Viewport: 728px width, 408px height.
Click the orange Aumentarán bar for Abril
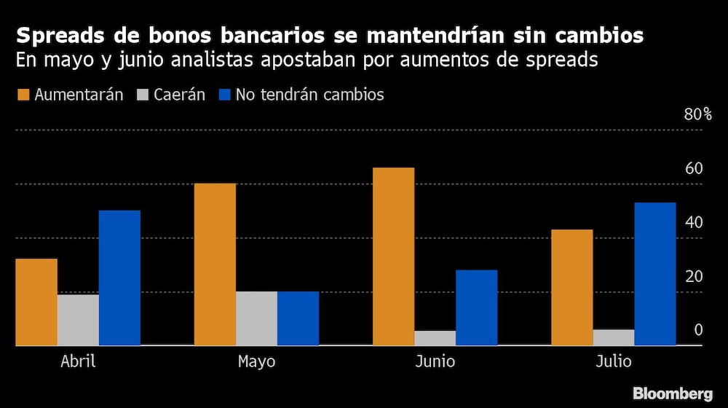point(36,302)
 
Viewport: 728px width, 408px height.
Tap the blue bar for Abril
point(119,278)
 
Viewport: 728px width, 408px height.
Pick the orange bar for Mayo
point(215,264)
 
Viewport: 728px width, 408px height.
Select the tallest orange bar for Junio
point(393,256)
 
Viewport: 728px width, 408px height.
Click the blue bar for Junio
point(477,307)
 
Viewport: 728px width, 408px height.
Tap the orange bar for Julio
point(571,287)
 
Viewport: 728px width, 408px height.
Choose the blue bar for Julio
point(655,273)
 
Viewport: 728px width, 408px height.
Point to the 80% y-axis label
point(697,114)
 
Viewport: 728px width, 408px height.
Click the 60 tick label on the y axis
point(694,168)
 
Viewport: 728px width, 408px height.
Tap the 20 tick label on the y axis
point(694,276)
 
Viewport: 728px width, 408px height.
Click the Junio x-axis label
point(435,362)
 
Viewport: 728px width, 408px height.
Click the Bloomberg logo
point(673,393)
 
